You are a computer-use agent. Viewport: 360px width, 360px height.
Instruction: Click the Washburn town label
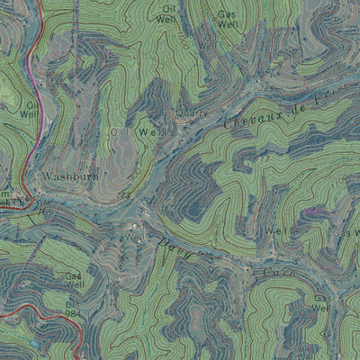click(x=69, y=177)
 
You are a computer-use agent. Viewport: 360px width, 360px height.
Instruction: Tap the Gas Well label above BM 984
click(x=75, y=281)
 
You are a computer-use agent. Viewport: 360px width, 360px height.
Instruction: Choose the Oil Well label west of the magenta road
click(x=30, y=110)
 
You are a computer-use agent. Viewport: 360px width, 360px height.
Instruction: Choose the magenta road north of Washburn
click(x=30, y=72)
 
